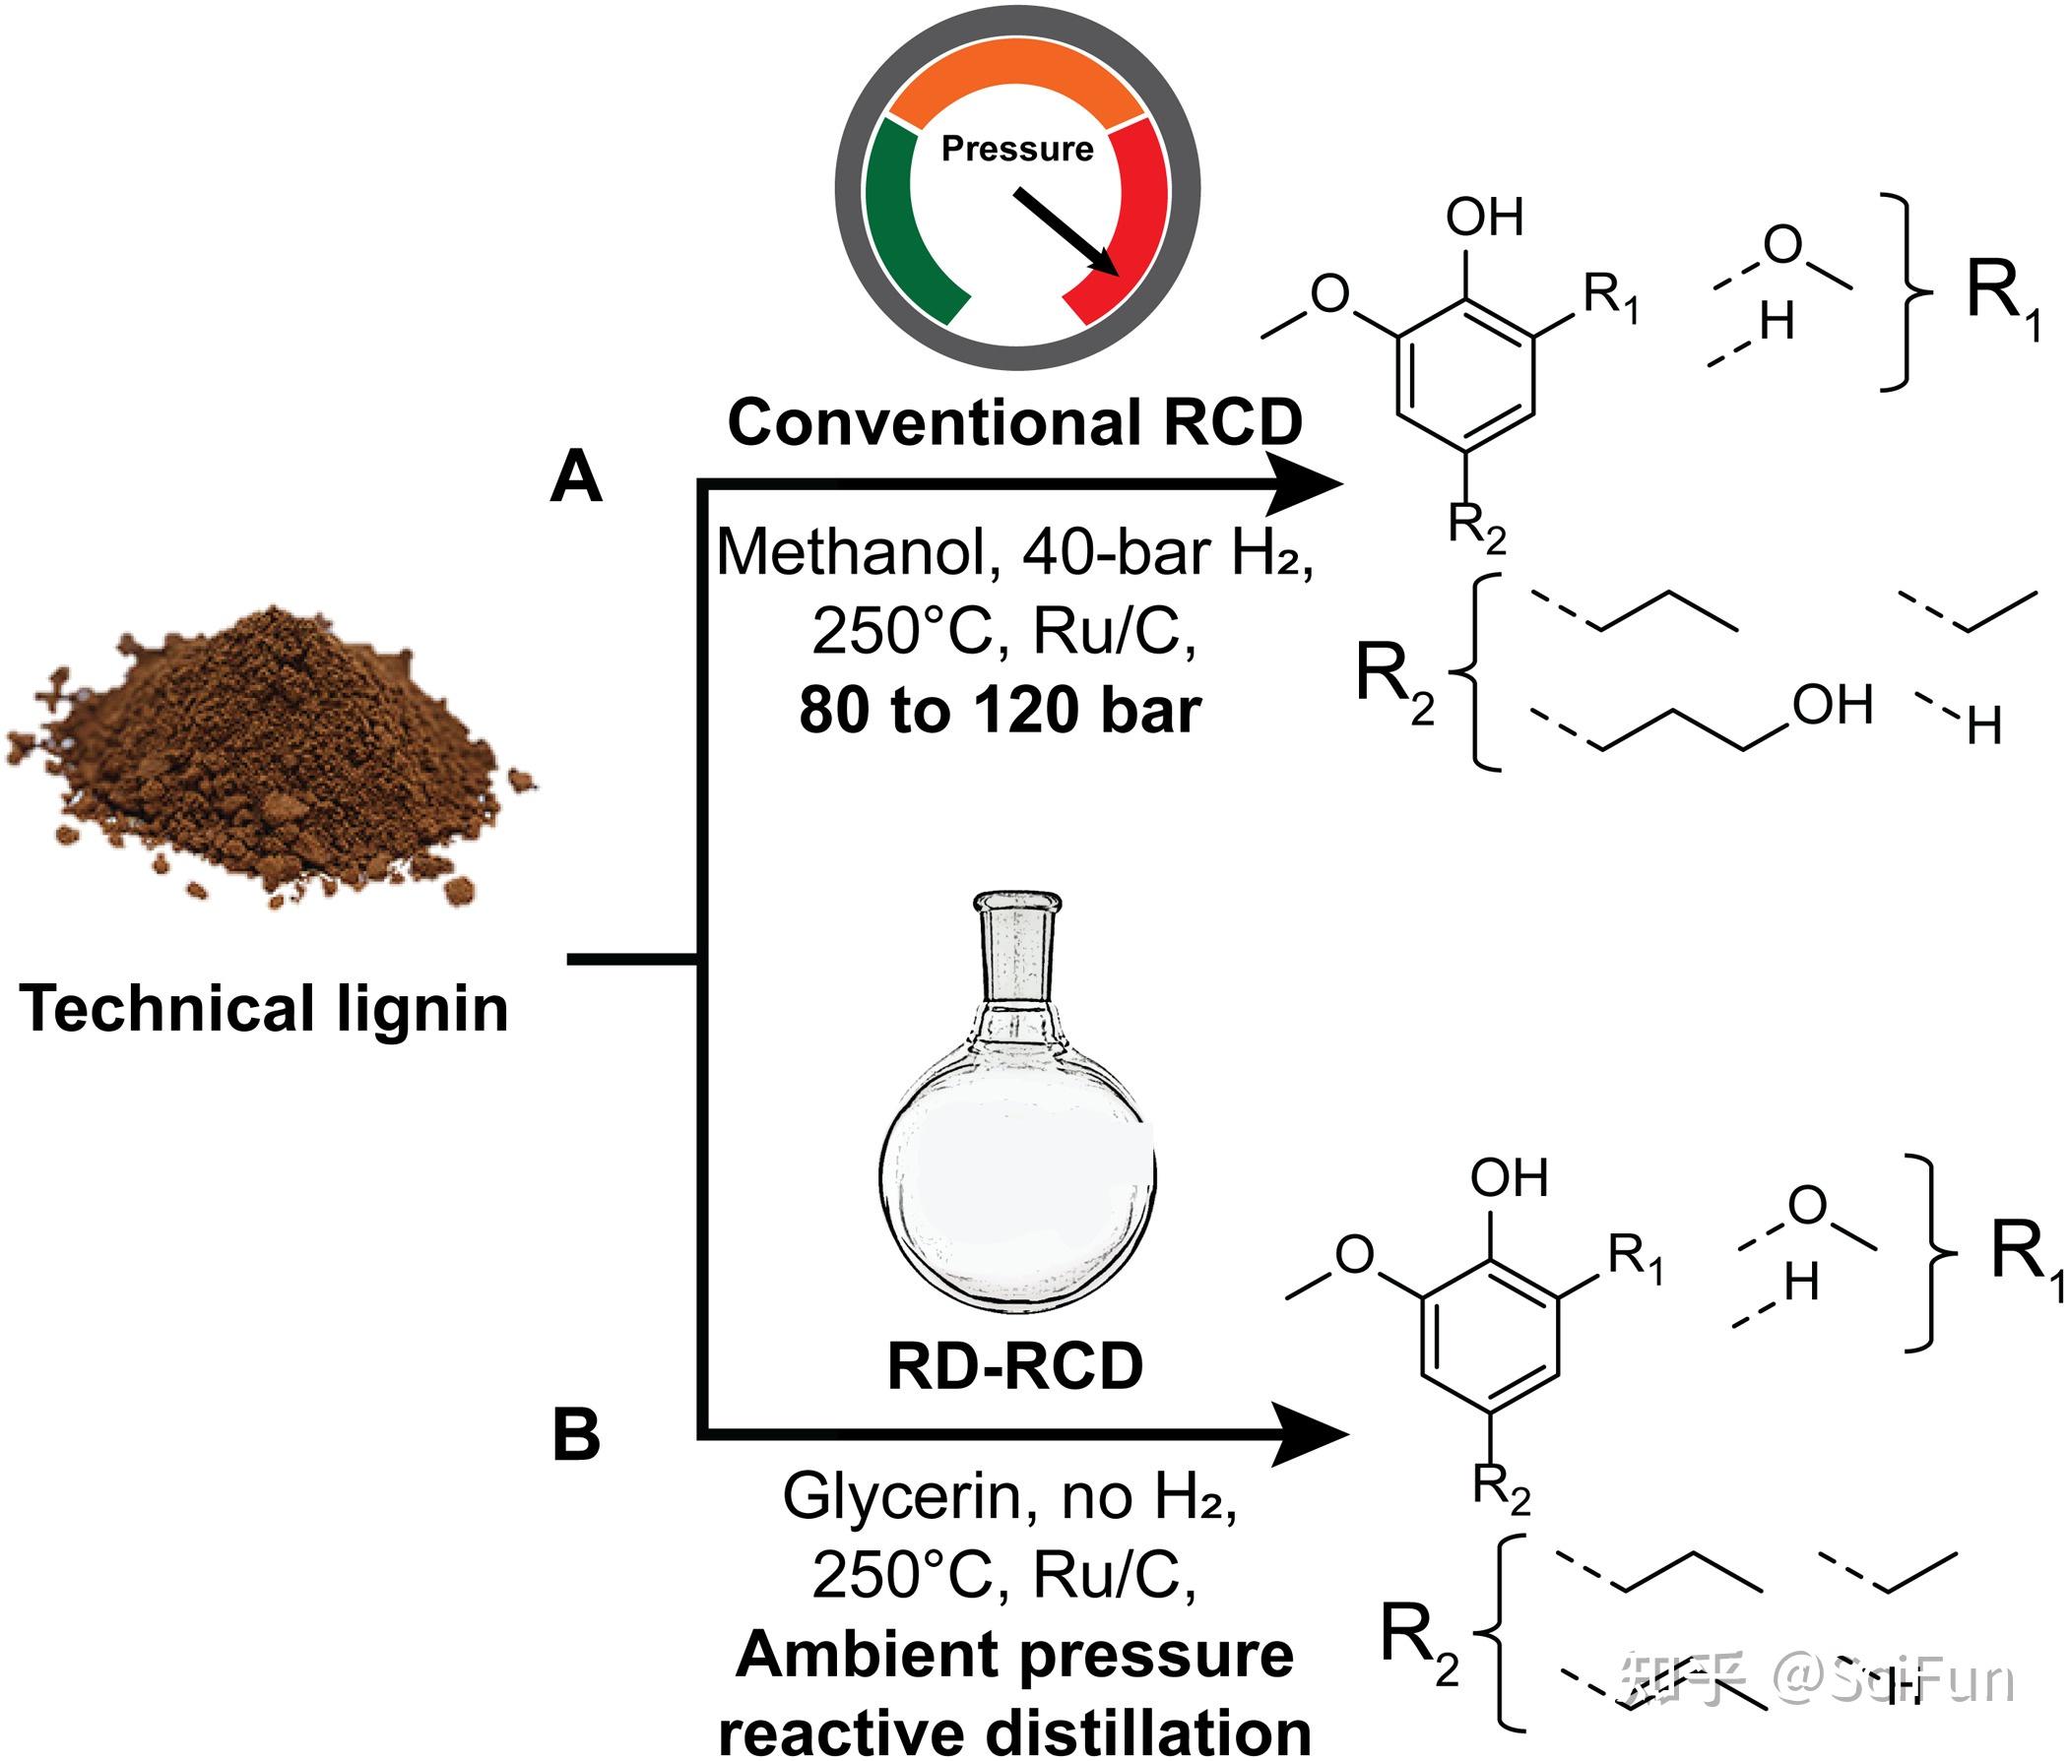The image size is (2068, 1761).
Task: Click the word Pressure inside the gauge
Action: pyautogui.click(x=1017, y=149)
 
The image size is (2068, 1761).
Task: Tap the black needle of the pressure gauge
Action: pyautogui.click(x=1065, y=231)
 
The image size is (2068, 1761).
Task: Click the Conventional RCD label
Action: pyautogui.click(x=1015, y=422)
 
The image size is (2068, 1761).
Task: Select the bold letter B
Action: pyautogui.click(x=576, y=1435)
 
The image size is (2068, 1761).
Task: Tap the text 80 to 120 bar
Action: pyautogui.click(x=1001, y=711)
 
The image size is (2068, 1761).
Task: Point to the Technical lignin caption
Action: pyautogui.click(x=264, y=1009)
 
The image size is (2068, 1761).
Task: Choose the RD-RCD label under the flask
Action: pyautogui.click(x=1015, y=1366)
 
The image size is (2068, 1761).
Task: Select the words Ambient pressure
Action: pyautogui.click(x=1015, y=1657)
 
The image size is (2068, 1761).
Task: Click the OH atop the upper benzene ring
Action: pyautogui.click(x=1485, y=217)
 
